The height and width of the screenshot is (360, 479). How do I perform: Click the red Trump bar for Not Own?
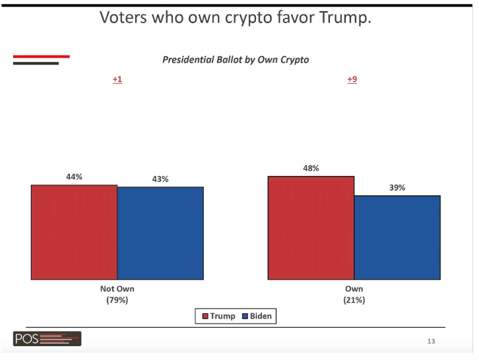pyautogui.click(x=74, y=232)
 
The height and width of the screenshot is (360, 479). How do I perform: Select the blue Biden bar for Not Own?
pyautogui.click(x=160, y=233)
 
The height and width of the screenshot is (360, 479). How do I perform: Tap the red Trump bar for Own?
pyautogui.click(x=311, y=227)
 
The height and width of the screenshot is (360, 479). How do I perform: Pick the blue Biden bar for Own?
pyautogui.click(x=397, y=237)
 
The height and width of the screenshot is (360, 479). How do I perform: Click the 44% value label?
pyautogui.click(x=73, y=177)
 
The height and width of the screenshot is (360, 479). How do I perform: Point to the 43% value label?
pyautogui.click(x=160, y=179)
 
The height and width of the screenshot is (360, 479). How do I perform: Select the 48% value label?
pyautogui.click(x=311, y=168)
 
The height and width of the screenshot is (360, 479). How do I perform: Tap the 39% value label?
pyautogui.click(x=397, y=187)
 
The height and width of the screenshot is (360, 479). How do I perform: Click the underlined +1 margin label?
pyautogui.click(x=117, y=80)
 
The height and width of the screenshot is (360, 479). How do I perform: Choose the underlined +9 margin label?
pyautogui.click(x=352, y=80)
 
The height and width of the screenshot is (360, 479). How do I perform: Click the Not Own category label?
pyautogui.click(x=117, y=289)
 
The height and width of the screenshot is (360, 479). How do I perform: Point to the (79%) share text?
pyautogui.click(x=117, y=300)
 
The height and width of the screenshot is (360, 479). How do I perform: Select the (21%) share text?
pyautogui.click(x=354, y=300)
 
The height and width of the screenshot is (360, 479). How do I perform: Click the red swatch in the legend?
pyautogui.click(x=205, y=316)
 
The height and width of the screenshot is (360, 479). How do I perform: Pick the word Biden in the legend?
pyautogui.click(x=261, y=316)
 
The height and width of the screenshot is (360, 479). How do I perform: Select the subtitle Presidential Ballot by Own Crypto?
pyautogui.click(x=236, y=59)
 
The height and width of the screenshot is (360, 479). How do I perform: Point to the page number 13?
pyautogui.click(x=431, y=341)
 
